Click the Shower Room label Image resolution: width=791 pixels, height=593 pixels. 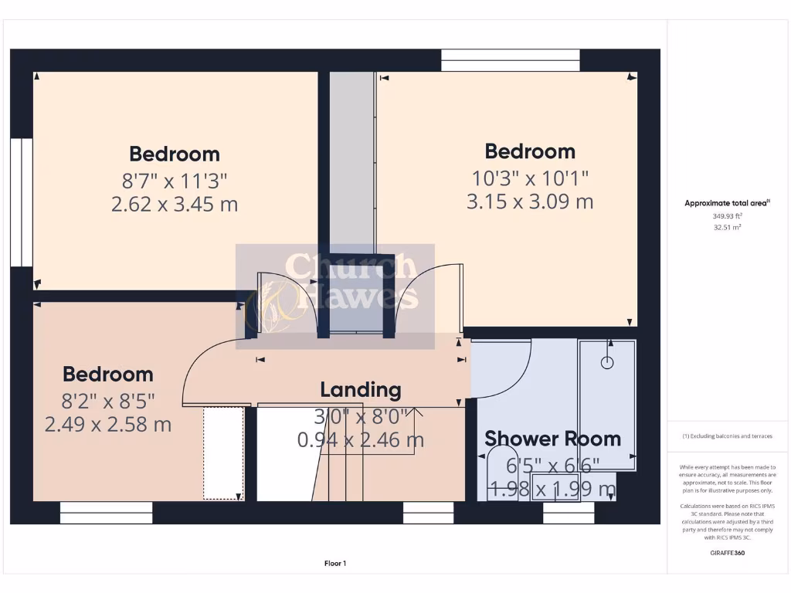coord(552,439)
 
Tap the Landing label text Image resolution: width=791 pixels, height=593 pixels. coord(361,390)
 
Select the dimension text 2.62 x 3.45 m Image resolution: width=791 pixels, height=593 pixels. coord(175,205)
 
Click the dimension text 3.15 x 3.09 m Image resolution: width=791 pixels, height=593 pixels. coord(530,202)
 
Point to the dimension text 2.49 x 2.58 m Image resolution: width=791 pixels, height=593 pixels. coord(108,424)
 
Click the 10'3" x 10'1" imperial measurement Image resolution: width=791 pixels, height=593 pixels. coord(530,177)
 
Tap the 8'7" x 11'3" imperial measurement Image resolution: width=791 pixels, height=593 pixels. coord(175,181)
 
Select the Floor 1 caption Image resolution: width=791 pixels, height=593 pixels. coord(335,564)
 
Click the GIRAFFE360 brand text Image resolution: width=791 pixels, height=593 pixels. coord(727,553)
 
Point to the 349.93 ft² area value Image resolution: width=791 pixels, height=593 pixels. coord(726,217)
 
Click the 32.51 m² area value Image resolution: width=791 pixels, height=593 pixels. coord(726,228)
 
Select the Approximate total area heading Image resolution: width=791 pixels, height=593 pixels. coord(726,204)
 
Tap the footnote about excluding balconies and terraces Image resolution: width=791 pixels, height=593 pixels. coord(726,436)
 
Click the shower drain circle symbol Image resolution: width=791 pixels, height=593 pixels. coord(607,361)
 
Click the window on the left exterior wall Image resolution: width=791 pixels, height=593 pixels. coord(22,202)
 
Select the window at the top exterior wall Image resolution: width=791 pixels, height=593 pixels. coord(510,60)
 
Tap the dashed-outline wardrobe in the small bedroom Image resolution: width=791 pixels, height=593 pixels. coord(223,453)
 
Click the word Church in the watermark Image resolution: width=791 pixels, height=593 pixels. coord(349,267)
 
